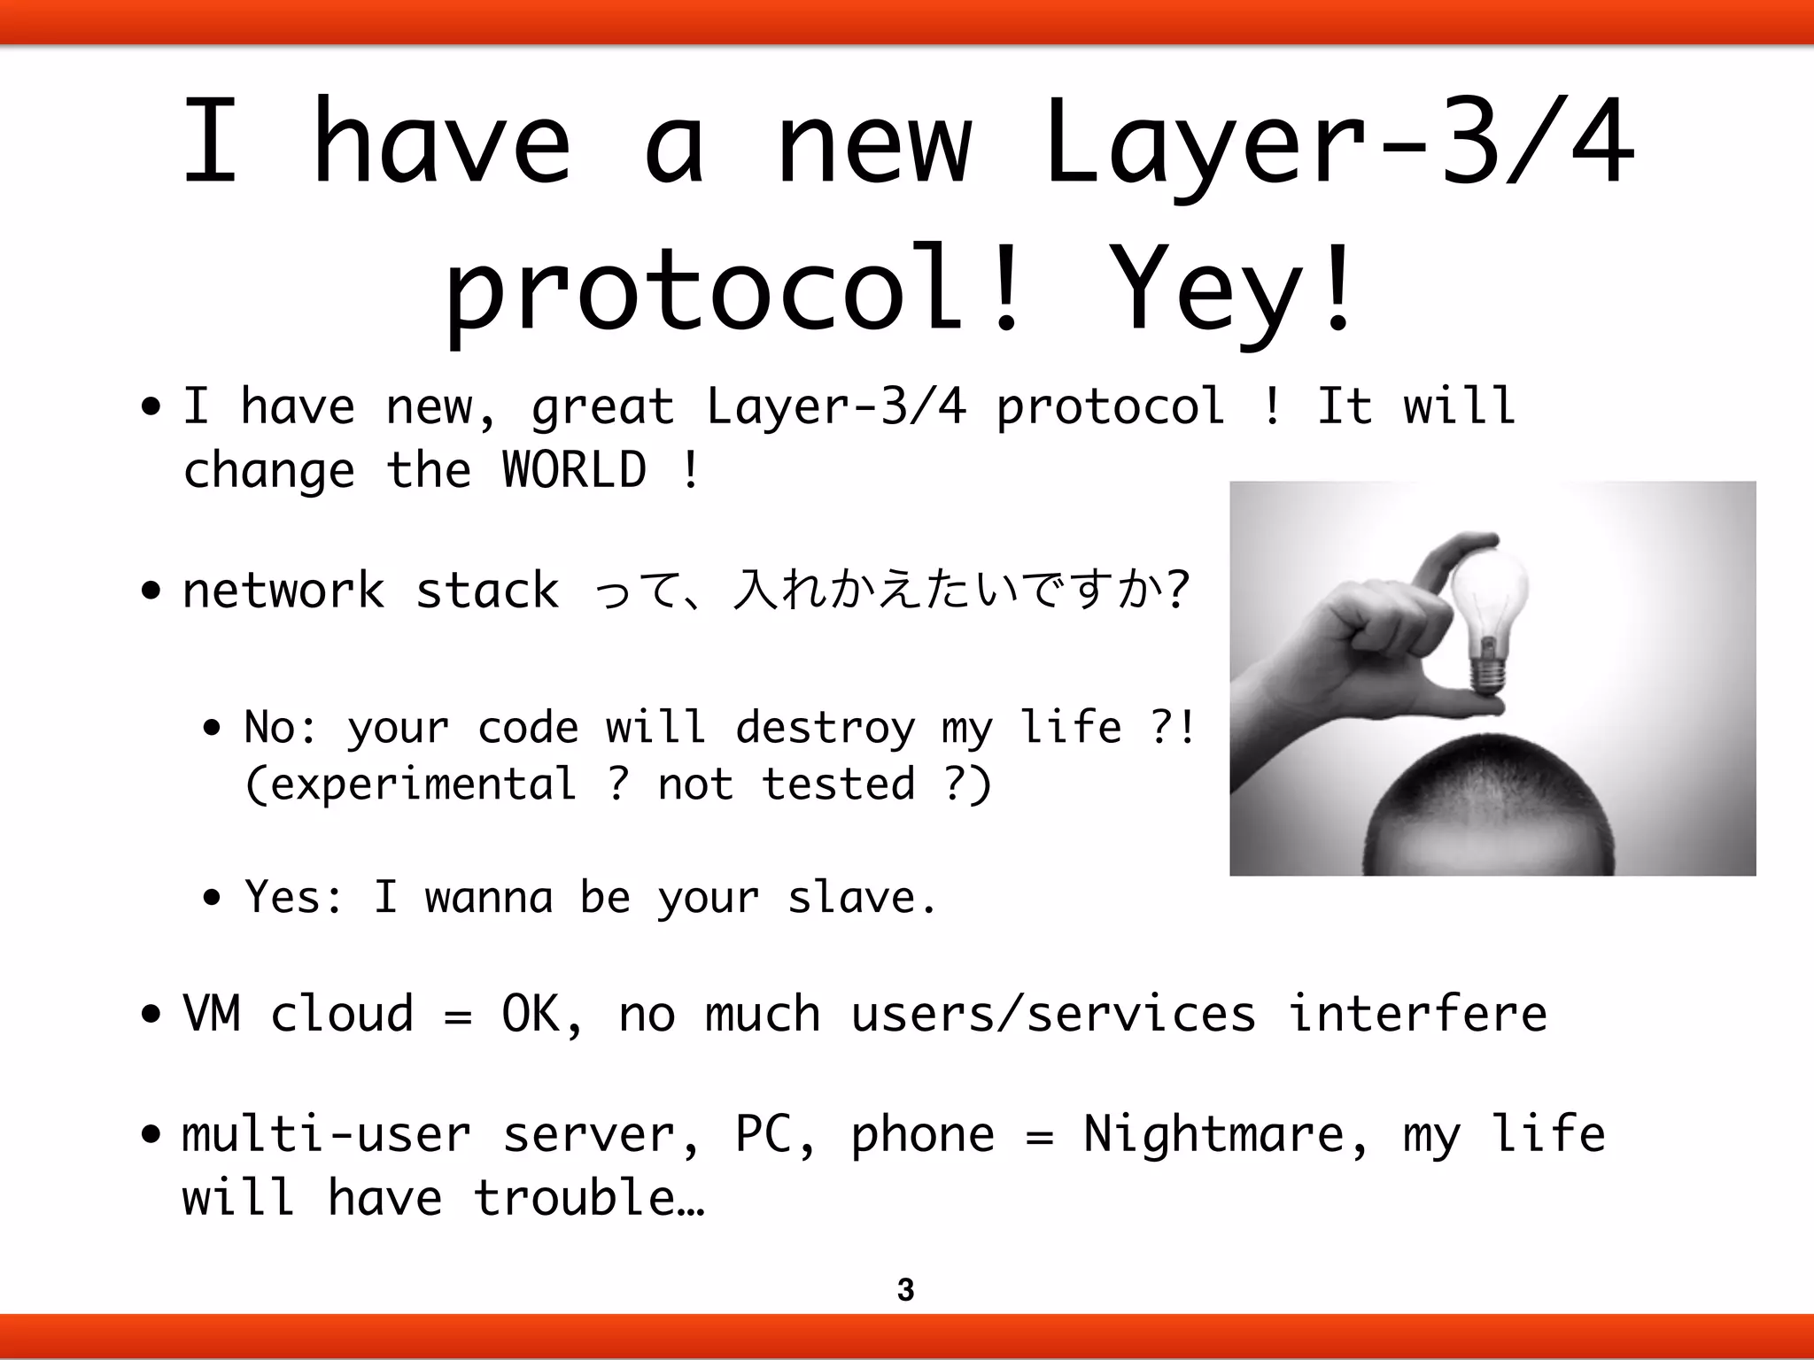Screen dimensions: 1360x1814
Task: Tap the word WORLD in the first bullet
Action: [x=574, y=469]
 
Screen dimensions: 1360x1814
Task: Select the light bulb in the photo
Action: [x=1491, y=602]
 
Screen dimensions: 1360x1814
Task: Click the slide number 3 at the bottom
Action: [x=905, y=1290]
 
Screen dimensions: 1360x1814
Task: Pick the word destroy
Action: [x=825, y=728]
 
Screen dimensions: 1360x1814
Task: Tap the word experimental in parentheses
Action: [x=410, y=784]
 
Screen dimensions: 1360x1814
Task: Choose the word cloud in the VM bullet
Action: [x=341, y=1013]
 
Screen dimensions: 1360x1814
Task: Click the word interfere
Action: [x=1417, y=1013]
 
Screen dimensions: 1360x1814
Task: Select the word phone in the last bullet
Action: [x=922, y=1136]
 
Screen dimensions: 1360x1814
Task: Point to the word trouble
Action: [x=576, y=1198]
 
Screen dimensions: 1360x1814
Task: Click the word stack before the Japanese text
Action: [x=487, y=591]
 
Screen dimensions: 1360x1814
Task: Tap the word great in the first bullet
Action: [x=602, y=408]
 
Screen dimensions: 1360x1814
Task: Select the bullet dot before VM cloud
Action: [x=151, y=1014]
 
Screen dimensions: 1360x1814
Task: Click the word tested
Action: [x=838, y=784]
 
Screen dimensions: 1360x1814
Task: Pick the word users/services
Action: [x=1053, y=1013]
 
